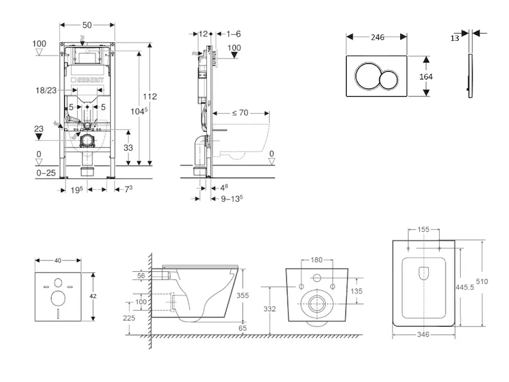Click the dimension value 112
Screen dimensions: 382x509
[150, 97]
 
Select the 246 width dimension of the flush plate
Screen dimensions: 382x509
[377, 37]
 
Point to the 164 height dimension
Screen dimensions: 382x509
[426, 76]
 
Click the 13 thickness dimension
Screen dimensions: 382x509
[454, 38]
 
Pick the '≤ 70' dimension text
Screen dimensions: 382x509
[239, 113]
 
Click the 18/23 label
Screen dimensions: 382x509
[46, 91]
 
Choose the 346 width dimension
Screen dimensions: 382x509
[424, 334]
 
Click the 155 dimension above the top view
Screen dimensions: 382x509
[424, 230]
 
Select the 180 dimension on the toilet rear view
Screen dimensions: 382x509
[317, 260]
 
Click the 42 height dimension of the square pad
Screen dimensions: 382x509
[93, 296]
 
